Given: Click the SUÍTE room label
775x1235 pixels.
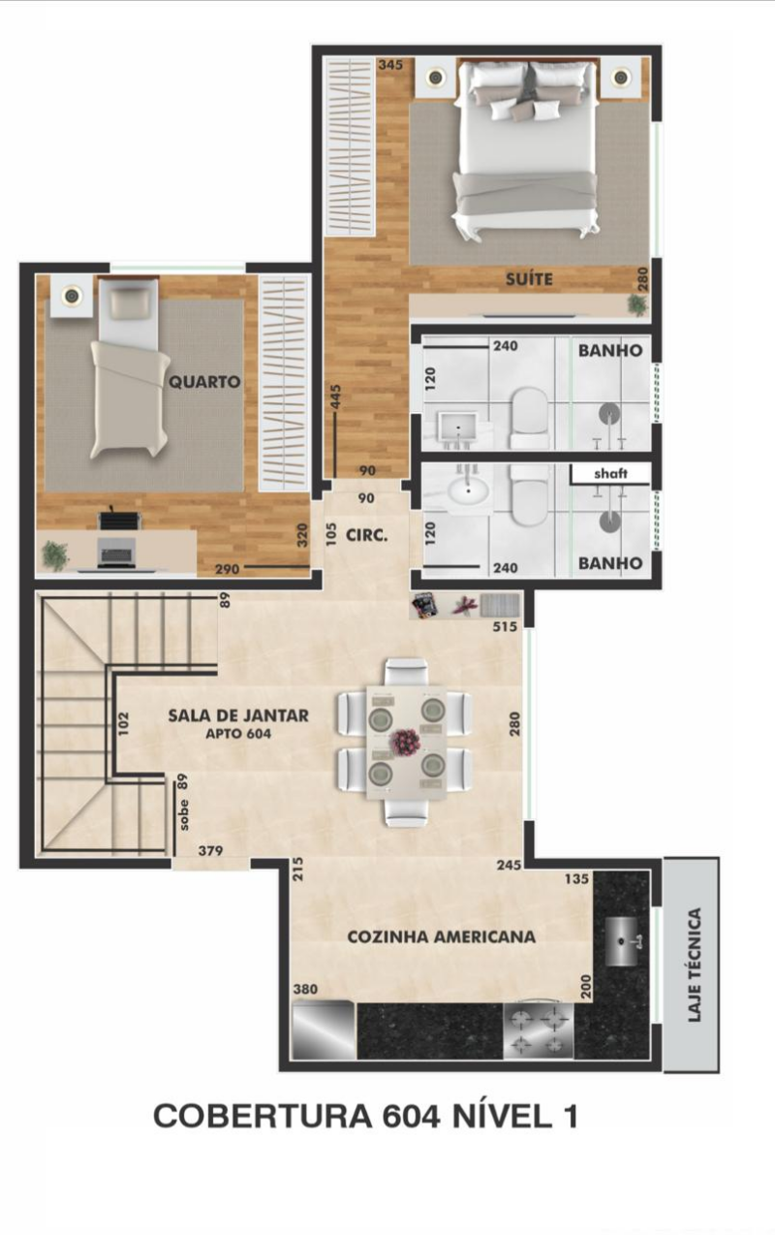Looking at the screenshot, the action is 529,279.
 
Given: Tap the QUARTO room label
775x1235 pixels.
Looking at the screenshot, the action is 204,382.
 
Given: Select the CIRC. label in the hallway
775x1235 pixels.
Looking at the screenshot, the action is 367,535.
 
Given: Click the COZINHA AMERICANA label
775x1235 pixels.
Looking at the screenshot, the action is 441,936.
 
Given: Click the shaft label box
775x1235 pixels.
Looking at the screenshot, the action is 610,474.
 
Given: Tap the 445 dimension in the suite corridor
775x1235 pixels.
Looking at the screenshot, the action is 336,397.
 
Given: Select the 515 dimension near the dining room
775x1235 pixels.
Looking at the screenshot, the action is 506,626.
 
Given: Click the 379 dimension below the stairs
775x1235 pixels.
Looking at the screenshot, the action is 210,851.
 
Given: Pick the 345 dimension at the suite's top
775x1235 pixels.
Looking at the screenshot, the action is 390,65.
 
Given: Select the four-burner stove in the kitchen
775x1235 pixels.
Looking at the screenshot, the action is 539,1029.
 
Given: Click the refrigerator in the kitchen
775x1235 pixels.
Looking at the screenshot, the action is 325,1029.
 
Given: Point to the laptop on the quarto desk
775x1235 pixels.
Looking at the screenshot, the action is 116,553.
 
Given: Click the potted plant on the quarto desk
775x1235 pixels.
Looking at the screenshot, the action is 55,554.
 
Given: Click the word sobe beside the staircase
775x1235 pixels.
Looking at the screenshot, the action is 184,814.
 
